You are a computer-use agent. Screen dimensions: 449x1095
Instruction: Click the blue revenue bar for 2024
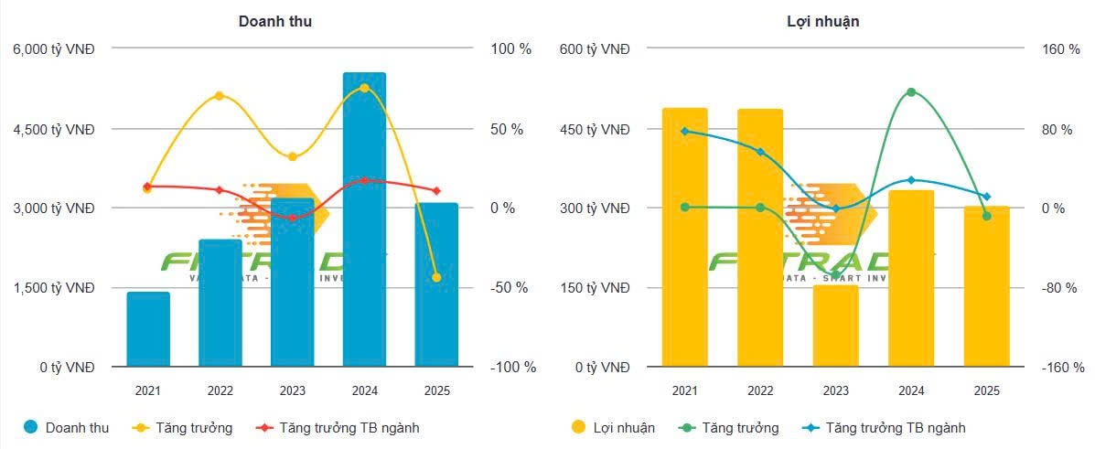(364, 219)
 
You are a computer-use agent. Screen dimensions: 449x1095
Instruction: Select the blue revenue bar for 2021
(148, 329)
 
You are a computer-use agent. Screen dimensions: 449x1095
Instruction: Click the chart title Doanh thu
(275, 21)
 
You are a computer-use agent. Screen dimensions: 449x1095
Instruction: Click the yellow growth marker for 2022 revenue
(220, 96)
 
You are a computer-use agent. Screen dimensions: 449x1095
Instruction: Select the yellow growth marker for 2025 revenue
(436, 277)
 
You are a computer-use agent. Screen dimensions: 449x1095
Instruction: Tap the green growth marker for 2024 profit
(911, 92)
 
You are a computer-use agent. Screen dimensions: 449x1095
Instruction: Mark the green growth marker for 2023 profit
(835, 274)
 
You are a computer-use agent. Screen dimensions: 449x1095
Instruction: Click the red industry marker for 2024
(364, 180)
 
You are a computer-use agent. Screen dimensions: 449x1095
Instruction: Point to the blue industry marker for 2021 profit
(684, 131)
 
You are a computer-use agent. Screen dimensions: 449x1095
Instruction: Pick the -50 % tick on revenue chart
(510, 288)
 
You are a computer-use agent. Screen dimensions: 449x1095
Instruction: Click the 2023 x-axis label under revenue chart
(292, 390)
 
